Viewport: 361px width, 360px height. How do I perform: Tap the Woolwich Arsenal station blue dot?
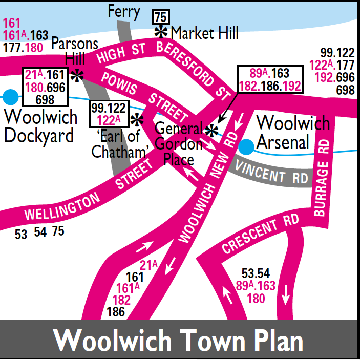246,146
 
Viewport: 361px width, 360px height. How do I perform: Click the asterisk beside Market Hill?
161,32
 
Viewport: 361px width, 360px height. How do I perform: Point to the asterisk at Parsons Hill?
77,75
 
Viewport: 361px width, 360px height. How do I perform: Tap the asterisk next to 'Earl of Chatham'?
136,120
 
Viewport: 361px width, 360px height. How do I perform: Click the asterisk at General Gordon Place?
210,131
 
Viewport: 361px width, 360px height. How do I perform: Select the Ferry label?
124,12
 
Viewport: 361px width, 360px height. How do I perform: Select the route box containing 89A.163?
270,79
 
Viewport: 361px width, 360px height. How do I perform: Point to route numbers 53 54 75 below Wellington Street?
40,232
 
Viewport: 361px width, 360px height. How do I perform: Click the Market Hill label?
204,34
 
